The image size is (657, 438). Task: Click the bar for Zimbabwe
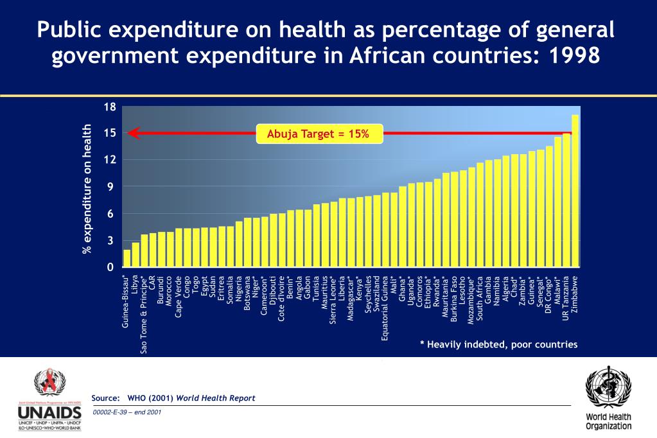click(575, 191)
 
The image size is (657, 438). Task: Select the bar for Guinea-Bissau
click(127, 258)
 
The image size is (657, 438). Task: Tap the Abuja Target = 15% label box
click(319, 134)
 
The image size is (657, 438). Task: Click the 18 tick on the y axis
click(110, 107)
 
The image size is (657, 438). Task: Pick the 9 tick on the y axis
click(112, 187)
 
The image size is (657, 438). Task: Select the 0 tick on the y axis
click(112, 267)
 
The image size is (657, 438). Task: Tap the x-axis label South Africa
click(480, 299)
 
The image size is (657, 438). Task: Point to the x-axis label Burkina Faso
click(455, 298)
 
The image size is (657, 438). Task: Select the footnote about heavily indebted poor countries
click(498, 345)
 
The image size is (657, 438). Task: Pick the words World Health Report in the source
click(216, 398)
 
